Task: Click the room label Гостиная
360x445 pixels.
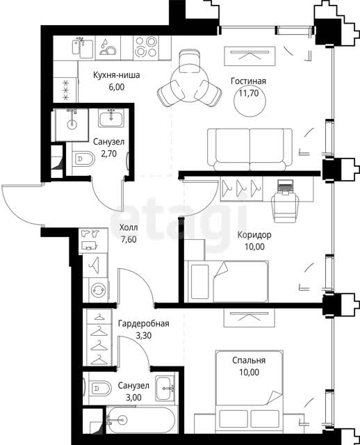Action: point(248,81)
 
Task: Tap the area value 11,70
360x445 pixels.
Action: point(249,93)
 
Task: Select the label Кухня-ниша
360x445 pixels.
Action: point(117,75)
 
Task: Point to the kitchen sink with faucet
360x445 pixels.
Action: point(83,47)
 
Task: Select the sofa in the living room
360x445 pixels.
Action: point(249,149)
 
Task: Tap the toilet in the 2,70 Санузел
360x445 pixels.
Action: point(83,159)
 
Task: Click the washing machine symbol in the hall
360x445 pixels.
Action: point(98,290)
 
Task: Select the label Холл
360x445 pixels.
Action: point(129,227)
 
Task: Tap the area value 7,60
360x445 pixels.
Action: point(129,239)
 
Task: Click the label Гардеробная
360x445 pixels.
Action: point(144,323)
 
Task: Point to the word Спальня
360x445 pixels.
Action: point(249,360)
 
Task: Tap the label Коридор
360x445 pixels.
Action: point(254,235)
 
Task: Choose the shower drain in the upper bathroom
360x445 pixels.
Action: point(72,124)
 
